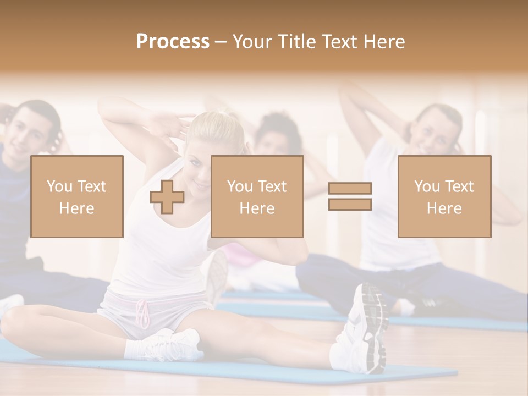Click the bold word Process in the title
point(173,42)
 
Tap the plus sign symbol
point(167,197)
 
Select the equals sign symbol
point(350,196)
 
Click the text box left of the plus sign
point(77,196)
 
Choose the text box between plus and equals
point(257,196)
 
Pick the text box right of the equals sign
point(444,196)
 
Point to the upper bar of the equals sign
point(350,189)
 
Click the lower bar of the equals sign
point(350,204)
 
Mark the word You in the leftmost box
point(58,186)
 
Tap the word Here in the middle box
point(257,208)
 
